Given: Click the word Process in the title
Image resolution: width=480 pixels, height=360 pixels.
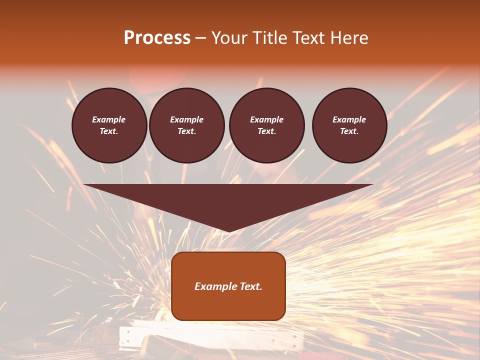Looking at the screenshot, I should point(157,38).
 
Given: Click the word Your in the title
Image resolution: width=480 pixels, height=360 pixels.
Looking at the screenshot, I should point(229,38).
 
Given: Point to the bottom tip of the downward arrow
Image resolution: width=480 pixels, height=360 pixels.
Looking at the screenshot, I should point(229,231).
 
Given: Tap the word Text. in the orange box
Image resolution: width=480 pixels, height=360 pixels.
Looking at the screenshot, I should point(250,286).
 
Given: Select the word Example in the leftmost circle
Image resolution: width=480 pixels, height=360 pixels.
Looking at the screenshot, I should point(109,119).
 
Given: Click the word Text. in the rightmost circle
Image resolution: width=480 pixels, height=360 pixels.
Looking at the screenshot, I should point(349,131).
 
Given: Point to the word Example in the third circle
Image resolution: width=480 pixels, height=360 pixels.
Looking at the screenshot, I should point(266,119).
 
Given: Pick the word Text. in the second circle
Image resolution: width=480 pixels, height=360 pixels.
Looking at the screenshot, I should point(187,131).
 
